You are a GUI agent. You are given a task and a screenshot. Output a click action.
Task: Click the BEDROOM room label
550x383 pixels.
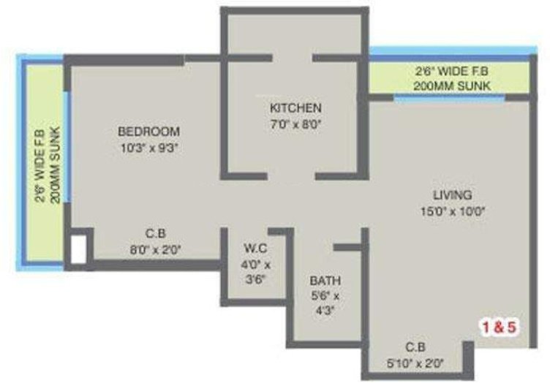(148, 132)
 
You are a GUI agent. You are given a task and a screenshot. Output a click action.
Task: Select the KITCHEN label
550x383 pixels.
(295, 109)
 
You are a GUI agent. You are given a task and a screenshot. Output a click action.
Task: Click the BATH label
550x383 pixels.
(325, 281)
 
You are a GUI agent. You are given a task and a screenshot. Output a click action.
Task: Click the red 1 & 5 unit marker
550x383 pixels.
(500, 327)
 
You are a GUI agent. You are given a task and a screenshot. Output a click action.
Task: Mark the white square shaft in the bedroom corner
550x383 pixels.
(78, 249)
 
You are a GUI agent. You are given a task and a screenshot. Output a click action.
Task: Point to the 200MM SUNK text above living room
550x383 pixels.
(448, 86)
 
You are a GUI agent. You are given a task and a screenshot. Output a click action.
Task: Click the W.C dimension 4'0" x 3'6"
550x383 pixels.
(257, 271)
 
